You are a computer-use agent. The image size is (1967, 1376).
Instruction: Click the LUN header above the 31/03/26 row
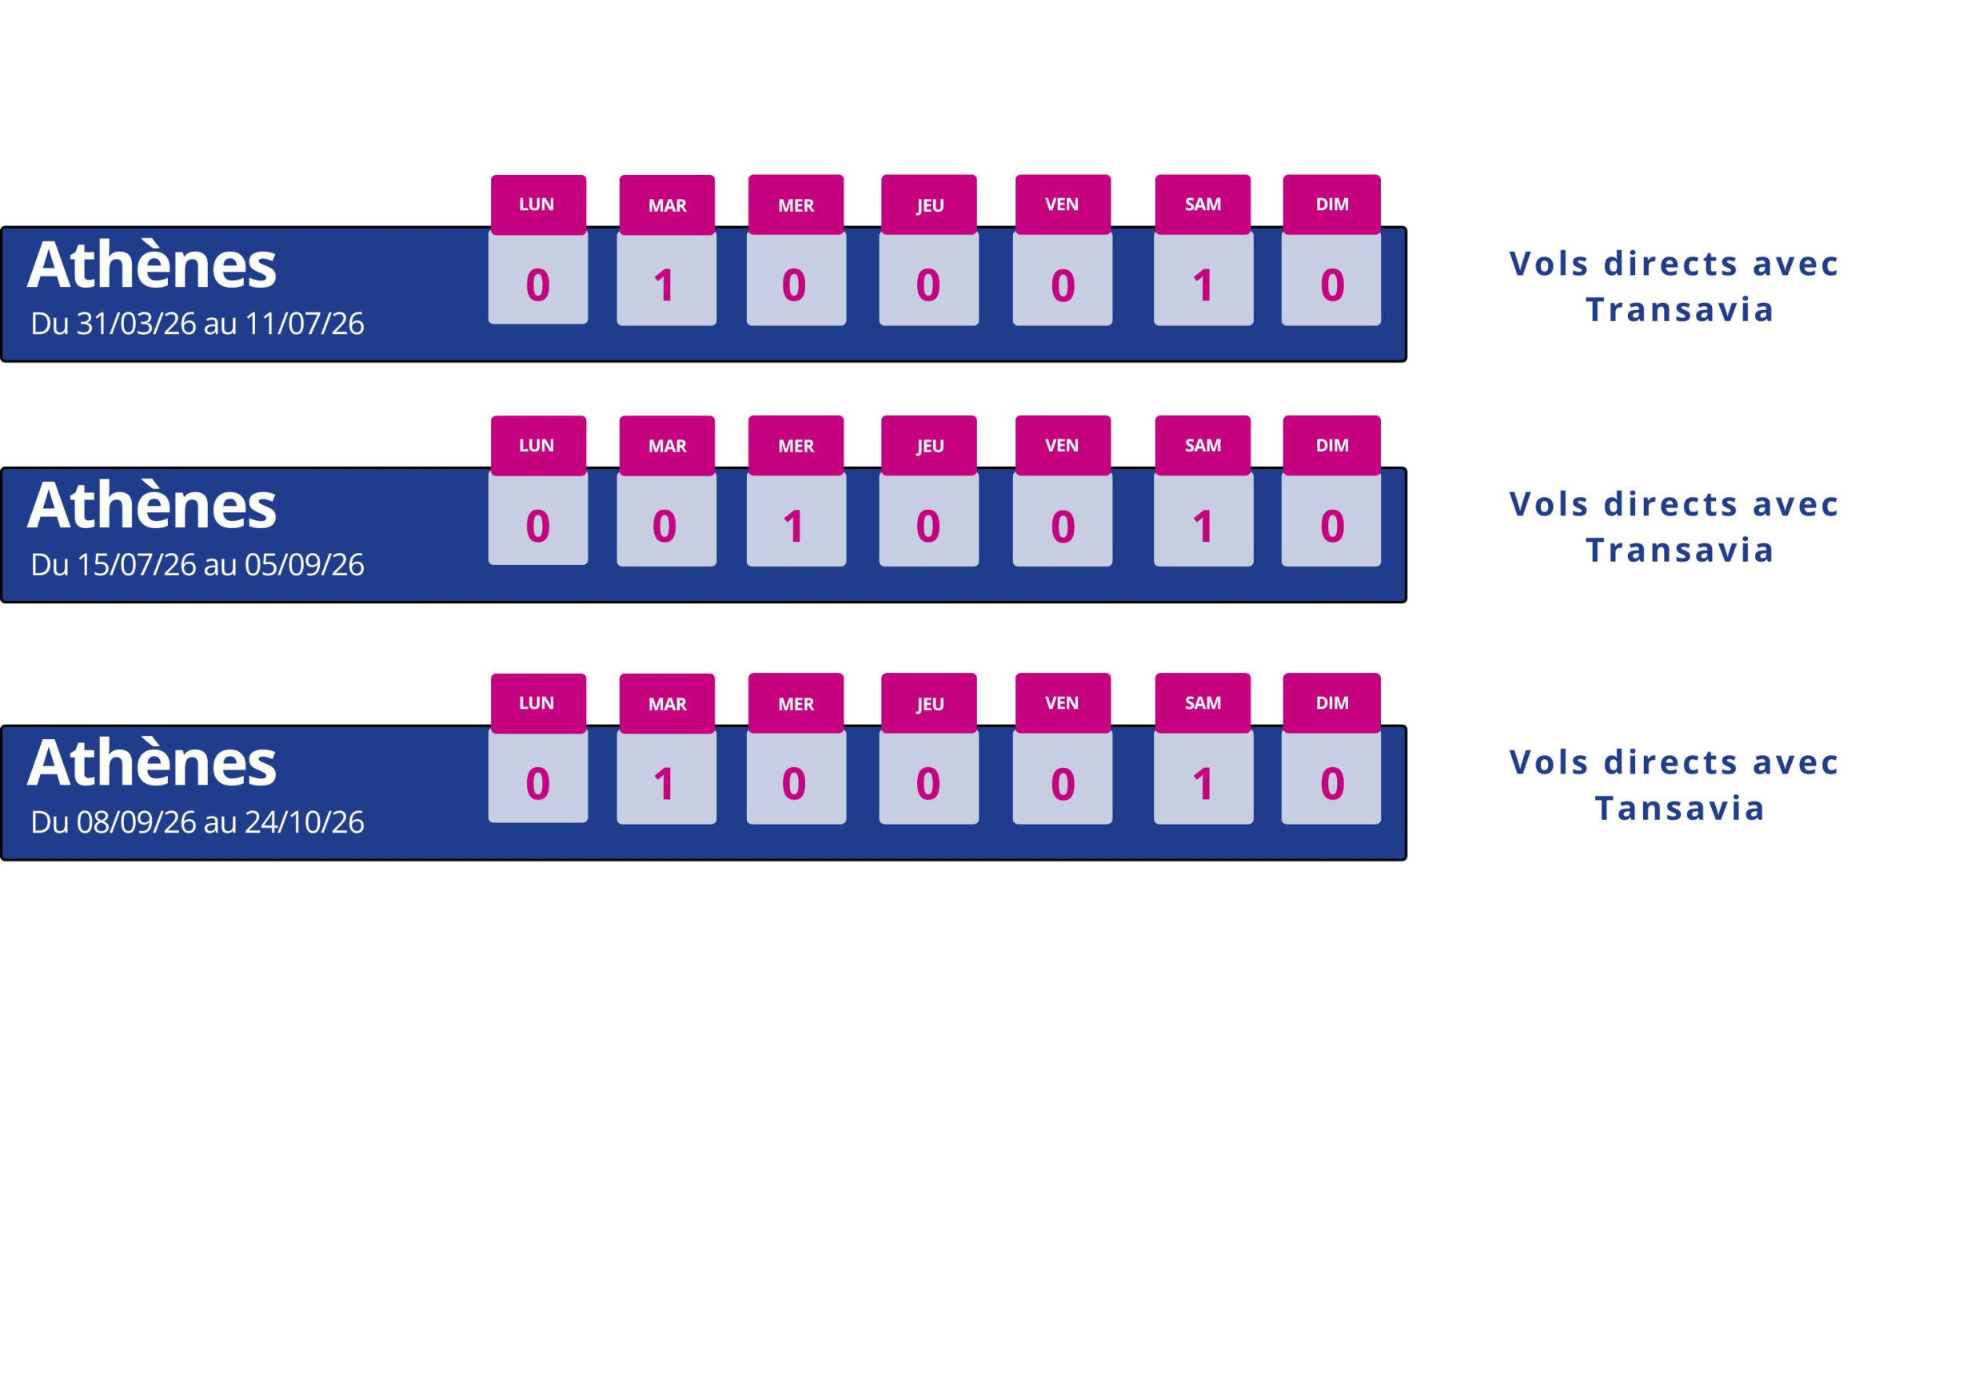[x=537, y=205]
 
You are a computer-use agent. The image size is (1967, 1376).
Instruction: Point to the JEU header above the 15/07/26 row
[x=928, y=445]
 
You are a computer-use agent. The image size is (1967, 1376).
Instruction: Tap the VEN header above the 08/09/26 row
[x=1063, y=703]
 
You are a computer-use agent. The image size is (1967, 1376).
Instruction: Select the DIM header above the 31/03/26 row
[x=1331, y=205]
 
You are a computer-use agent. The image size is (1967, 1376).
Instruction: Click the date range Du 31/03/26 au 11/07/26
[x=197, y=324]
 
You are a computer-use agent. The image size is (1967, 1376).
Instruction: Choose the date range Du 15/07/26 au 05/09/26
[x=197, y=564]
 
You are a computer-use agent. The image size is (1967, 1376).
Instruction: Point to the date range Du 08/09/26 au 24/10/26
[x=197, y=822]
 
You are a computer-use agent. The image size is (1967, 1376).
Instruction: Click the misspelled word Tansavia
[x=1679, y=809]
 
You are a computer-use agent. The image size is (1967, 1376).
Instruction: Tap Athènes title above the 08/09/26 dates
[x=152, y=762]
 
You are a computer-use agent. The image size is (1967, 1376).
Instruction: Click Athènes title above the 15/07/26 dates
[x=152, y=505]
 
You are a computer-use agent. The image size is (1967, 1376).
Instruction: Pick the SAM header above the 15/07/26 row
[x=1203, y=445]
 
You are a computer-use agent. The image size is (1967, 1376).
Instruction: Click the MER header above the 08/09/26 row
[x=796, y=703]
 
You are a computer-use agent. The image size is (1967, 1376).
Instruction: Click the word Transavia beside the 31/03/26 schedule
[x=1679, y=310]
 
